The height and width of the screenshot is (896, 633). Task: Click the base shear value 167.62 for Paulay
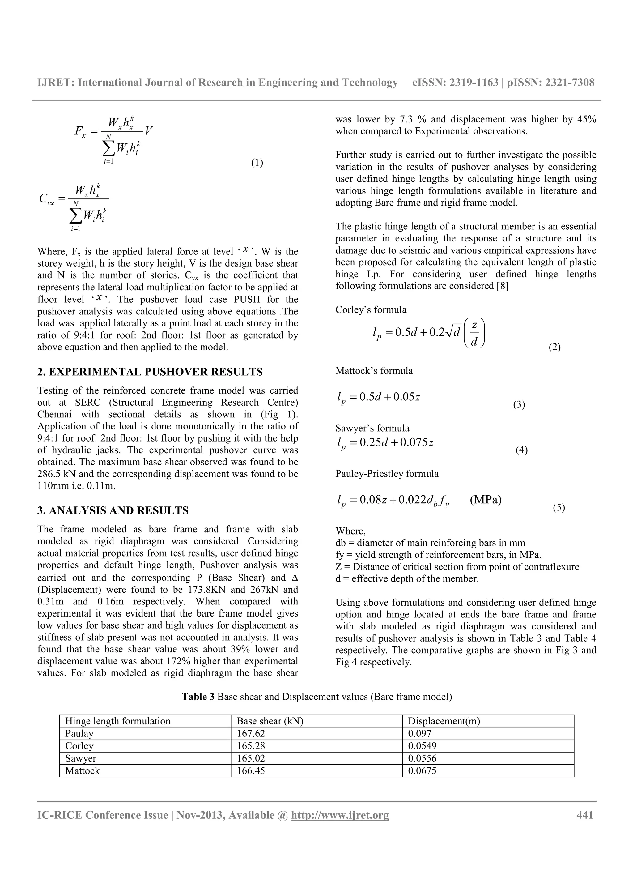(251, 733)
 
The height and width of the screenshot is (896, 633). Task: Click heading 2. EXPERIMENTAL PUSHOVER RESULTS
(150, 372)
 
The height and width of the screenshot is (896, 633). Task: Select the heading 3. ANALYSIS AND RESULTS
(113, 510)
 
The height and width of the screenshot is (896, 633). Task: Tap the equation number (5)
(559, 507)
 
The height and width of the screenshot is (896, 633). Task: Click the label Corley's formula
(371, 310)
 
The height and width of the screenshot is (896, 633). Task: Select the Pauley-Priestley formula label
(387, 474)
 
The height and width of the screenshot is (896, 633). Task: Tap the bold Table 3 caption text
(198, 697)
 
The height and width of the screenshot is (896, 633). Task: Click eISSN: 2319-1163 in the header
(455, 82)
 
